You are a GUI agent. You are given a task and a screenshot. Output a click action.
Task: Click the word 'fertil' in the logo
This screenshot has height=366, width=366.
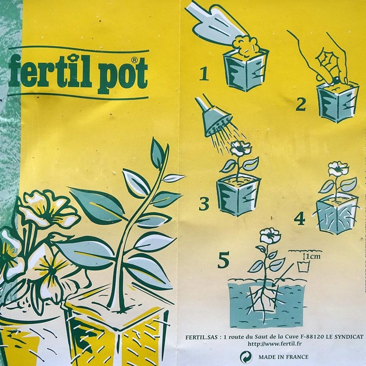(50, 71)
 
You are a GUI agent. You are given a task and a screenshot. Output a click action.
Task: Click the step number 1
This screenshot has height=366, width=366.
(204, 74)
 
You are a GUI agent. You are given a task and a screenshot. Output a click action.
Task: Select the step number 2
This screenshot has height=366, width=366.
(301, 105)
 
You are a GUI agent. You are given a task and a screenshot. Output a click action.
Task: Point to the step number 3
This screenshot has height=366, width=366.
(204, 204)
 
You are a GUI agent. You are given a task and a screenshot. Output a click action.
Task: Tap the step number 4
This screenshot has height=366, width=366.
(300, 219)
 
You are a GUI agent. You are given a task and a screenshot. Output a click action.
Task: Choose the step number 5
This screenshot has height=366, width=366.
(223, 262)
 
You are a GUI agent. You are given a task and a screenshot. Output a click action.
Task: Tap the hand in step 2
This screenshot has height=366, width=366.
(329, 61)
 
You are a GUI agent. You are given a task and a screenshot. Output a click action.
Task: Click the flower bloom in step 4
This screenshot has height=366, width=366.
(338, 168)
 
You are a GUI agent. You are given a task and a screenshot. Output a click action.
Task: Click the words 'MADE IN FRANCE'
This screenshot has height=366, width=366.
(283, 357)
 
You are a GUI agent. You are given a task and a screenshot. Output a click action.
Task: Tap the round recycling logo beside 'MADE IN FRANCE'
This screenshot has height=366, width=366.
(246, 357)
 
